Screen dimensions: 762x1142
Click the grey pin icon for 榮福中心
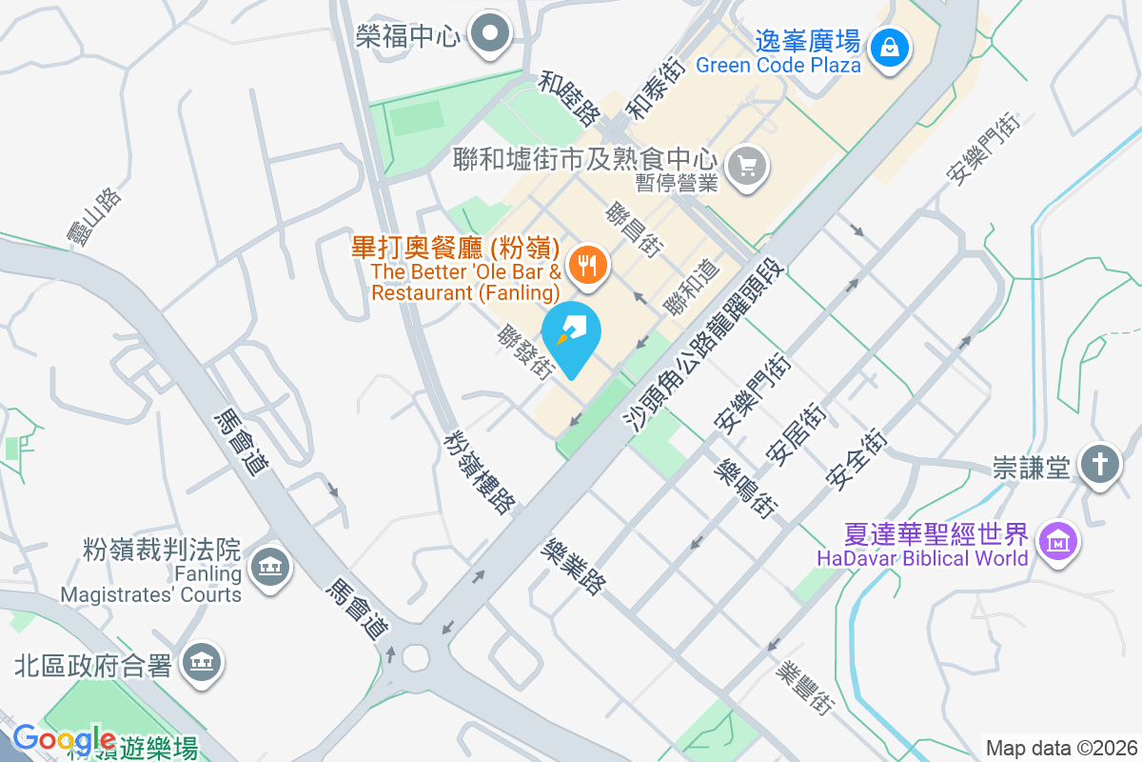(x=491, y=35)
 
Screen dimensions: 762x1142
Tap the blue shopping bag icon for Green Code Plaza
(x=889, y=46)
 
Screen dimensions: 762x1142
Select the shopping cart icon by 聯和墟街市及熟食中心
(x=746, y=168)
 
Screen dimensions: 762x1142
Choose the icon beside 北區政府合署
(x=200, y=663)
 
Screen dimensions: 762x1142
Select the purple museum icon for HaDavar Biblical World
(x=1058, y=542)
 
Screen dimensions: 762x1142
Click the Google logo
(x=64, y=739)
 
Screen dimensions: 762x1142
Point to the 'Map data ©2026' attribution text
(x=1061, y=748)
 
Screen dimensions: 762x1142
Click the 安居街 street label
(x=799, y=434)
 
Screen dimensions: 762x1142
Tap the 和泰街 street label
(x=658, y=87)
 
